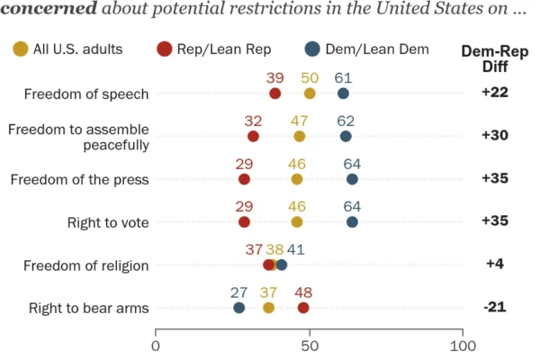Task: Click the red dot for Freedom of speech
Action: (274, 94)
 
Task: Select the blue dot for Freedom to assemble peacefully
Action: (346, 137)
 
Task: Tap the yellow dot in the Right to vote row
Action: (297, 222)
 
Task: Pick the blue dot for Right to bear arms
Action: (239, 308)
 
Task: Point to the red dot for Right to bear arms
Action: (303, 308)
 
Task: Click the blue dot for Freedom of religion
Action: (282, 265)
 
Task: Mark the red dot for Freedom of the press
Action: (244, 179)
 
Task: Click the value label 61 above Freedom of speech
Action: (344, 78)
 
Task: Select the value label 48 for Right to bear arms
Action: (303, 292)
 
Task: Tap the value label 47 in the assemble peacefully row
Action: (300, 121)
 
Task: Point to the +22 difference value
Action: (495, 93)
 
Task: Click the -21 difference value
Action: (495, 307)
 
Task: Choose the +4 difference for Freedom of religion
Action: (495, 264)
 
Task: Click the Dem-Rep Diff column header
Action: (495, 58)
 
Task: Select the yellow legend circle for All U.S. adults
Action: (21, 49)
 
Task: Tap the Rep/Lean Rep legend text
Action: (224, 49)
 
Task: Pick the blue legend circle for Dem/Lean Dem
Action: (312, 49)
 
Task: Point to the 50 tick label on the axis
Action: (310, 346)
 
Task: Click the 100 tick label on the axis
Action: (463, 346)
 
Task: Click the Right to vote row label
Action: (108, 223)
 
